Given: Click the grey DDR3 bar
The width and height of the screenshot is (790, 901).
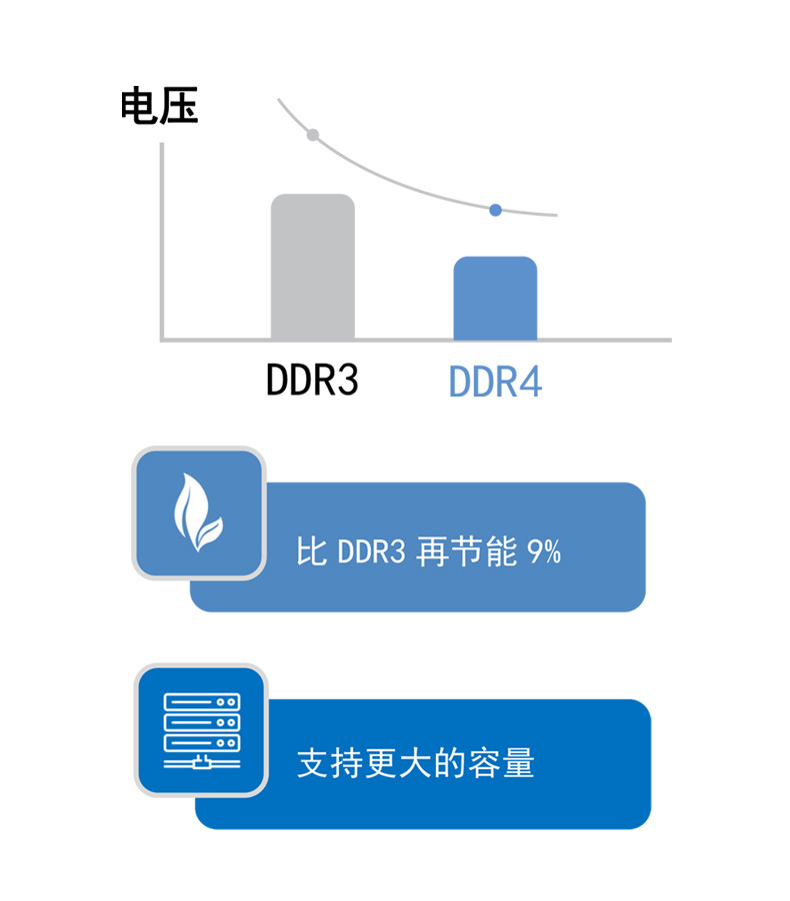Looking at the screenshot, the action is [312, 267].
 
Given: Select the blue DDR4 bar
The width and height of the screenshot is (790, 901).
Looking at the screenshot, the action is [495, 299].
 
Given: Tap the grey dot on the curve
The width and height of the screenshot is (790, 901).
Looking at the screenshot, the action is [313, 135].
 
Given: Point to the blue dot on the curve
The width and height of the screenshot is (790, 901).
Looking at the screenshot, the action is [495, 210].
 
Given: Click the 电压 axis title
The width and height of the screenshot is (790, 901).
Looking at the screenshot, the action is [159, 106].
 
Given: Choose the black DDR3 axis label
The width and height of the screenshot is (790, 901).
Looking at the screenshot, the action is [312, 381].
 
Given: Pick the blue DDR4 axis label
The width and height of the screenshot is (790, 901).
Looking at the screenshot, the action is [495, 382].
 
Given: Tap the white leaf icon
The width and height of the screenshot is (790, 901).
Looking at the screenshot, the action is [199, 514].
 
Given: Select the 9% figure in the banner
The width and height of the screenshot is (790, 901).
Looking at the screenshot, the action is [543, 552].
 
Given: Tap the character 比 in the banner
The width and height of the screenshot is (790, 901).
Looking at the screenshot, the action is [311, 552].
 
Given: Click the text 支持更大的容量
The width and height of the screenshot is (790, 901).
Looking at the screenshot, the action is [416, 764].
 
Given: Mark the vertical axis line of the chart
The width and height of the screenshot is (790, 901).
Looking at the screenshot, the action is [161, 240].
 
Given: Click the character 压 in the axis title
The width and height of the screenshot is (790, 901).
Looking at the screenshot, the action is [179, 106].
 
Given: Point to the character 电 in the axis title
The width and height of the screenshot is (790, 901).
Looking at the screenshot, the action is [139, 106].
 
